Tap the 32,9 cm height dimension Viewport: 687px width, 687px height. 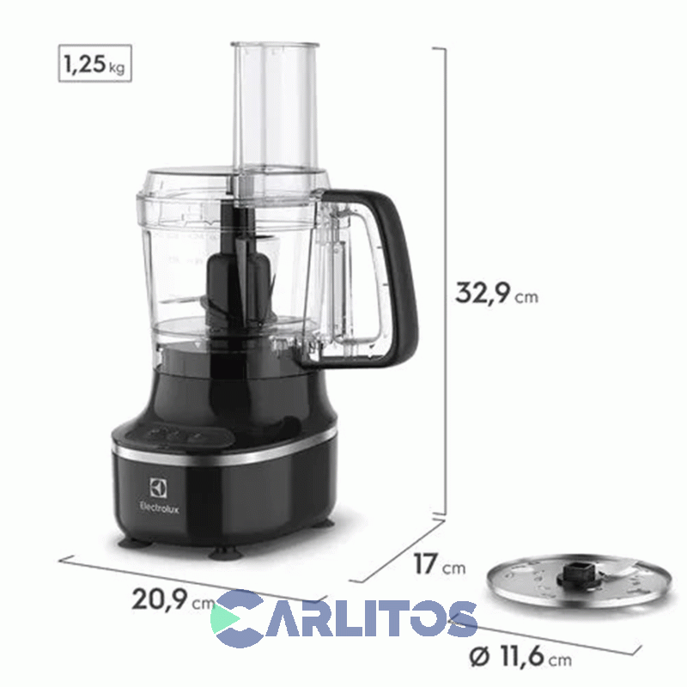click(x=496, y=294)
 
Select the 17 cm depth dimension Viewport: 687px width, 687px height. click(x=435, y=565)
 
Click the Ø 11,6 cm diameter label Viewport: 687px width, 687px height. click(x=520, y=659)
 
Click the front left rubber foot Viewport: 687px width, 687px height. click(x=137, y=540)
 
